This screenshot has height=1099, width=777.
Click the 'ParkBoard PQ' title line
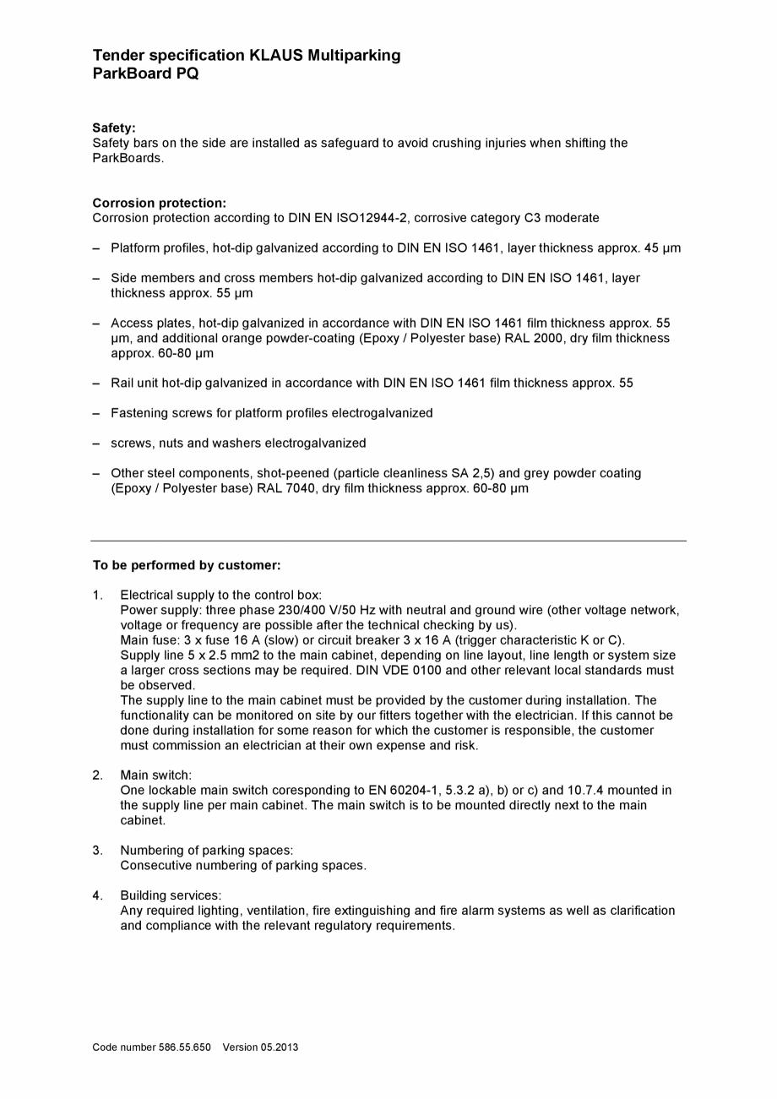pos(145,73)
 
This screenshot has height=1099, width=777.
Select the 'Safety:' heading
pos(114,128)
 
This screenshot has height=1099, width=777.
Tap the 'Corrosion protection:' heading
pos(159,203)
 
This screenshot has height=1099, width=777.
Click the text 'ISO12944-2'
pos(372,218)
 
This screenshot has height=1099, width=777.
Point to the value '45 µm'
pos(661,248)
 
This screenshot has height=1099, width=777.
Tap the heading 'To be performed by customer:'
pos(187,565)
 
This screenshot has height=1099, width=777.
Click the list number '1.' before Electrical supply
pos(98,596)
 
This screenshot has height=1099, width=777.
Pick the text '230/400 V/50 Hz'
pos(327,611)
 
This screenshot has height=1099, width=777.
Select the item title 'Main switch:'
pos(155,775)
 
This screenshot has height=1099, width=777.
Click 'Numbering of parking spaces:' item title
pos(207,851)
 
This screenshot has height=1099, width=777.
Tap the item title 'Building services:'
pos(171,895)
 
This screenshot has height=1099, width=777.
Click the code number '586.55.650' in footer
pos(185,1047)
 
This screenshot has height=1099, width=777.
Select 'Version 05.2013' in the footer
pos(260,1047)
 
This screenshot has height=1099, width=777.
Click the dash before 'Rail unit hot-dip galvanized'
pos(96,384)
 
